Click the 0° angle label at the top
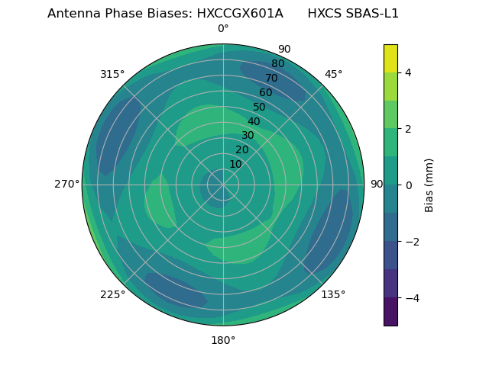(x=223, y=29)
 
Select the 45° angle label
(x=334, y=74)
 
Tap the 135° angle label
(x=333, y=294)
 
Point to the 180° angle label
(x=223, y=340)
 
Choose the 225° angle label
(x=112, y=294)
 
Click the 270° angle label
(x=66, y=184)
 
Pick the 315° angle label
(x=112, y=74)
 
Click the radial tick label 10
(x=235, y=164)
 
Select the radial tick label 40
(x=254, y=121)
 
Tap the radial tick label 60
(x=265, y=93)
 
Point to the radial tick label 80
(x=277, y=64)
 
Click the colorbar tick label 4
(x=408, y=72)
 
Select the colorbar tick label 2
(x=408, y=129)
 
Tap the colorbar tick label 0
(x=408, y=185)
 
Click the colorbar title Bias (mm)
(x=429, y=185)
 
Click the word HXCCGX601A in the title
(x=239, y=14)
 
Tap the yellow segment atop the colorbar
(x=390, y=59)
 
